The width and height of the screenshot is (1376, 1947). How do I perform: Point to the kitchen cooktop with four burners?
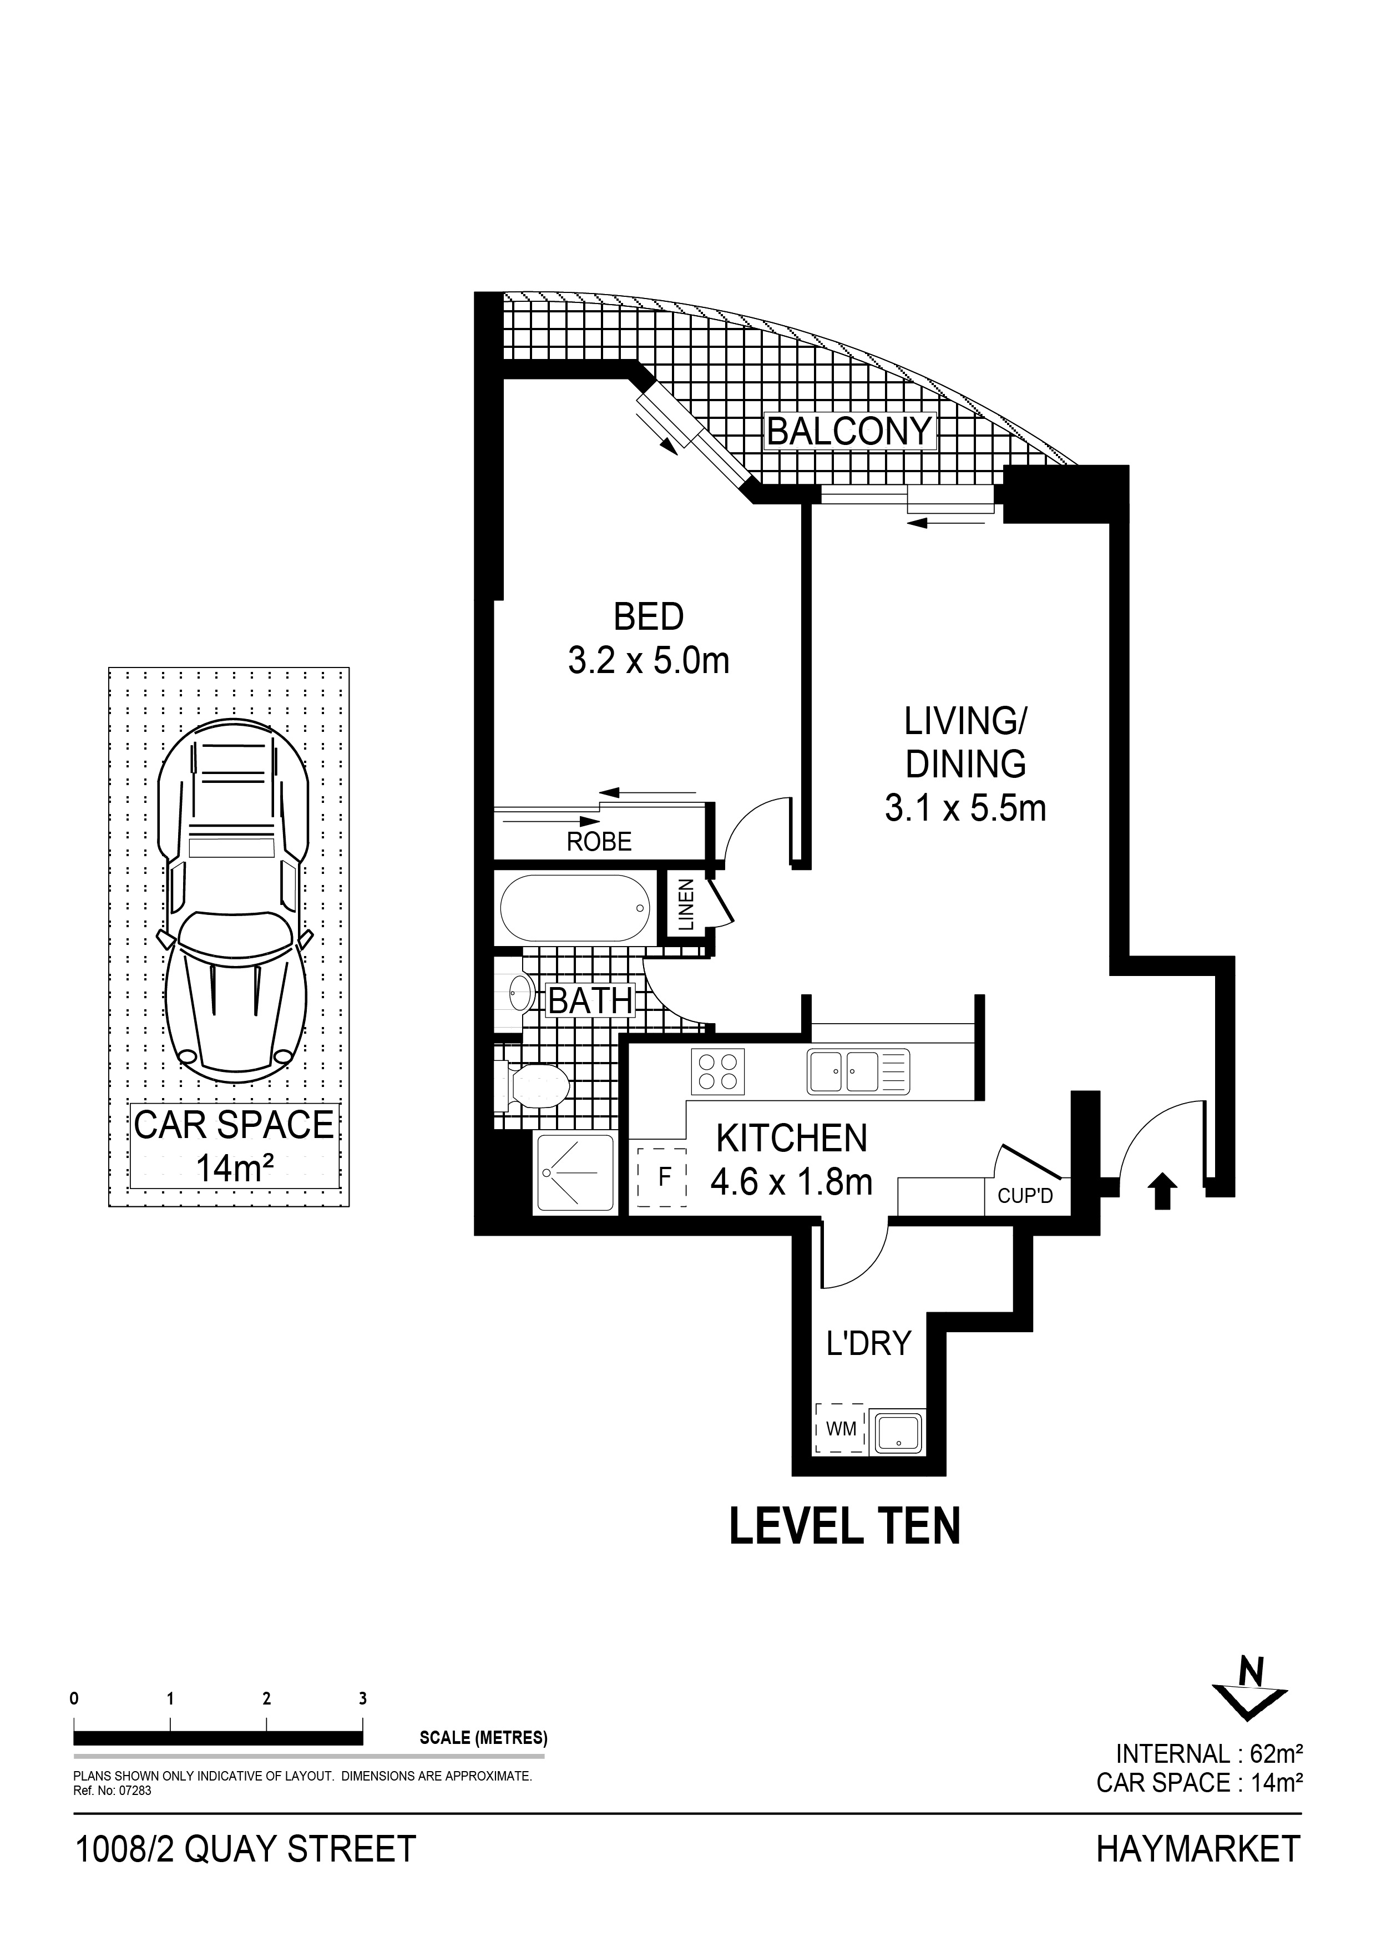718,1070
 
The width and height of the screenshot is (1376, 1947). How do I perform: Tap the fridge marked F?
664,1176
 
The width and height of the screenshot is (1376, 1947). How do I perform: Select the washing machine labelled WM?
840,1429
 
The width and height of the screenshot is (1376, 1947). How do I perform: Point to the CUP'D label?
1025,1196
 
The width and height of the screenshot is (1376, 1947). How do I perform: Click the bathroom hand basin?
520,990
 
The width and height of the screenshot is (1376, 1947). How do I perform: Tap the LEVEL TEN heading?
845,1525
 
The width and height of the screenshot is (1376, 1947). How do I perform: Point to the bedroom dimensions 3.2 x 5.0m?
649,661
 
